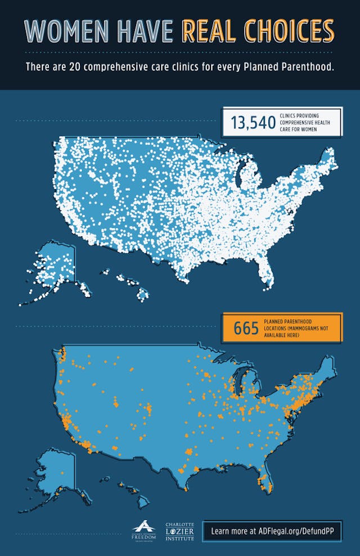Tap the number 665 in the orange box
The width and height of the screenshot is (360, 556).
click(x=246, y=328)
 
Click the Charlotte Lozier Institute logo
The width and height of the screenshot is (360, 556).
click(x=179, y=531)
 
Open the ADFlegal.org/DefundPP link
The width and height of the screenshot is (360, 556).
click(x=272, y=531)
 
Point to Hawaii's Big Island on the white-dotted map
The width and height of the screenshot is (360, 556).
click(x=143, y=293)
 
